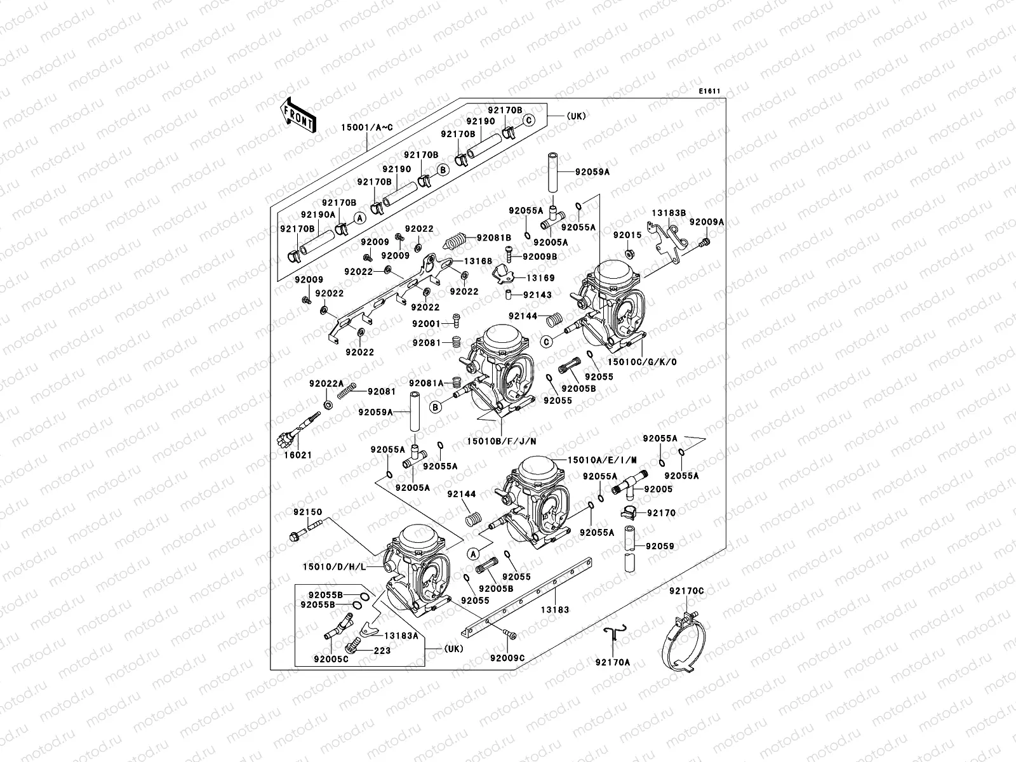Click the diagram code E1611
(709, 91)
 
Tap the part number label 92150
(307, 512)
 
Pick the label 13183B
(664, 213)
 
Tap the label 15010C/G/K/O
(642, 361)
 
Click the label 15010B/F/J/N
(502, 441)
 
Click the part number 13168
(478, 261)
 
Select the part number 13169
(539, 278)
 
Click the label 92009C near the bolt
(507, 658)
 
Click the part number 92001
(425, 324)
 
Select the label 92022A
(326, 384)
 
